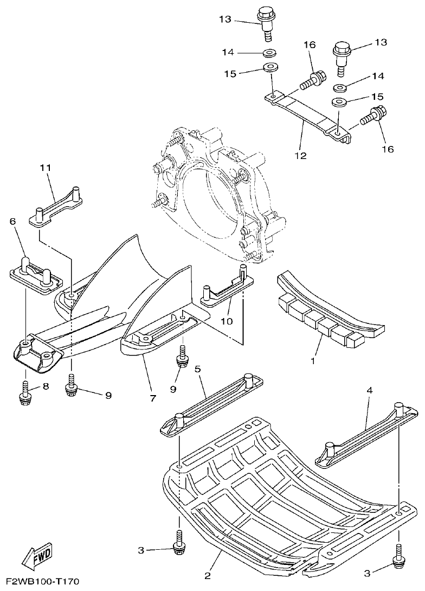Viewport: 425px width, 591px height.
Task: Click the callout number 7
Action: coord(152,398)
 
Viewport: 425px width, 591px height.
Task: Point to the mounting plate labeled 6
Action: coord(36,274)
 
